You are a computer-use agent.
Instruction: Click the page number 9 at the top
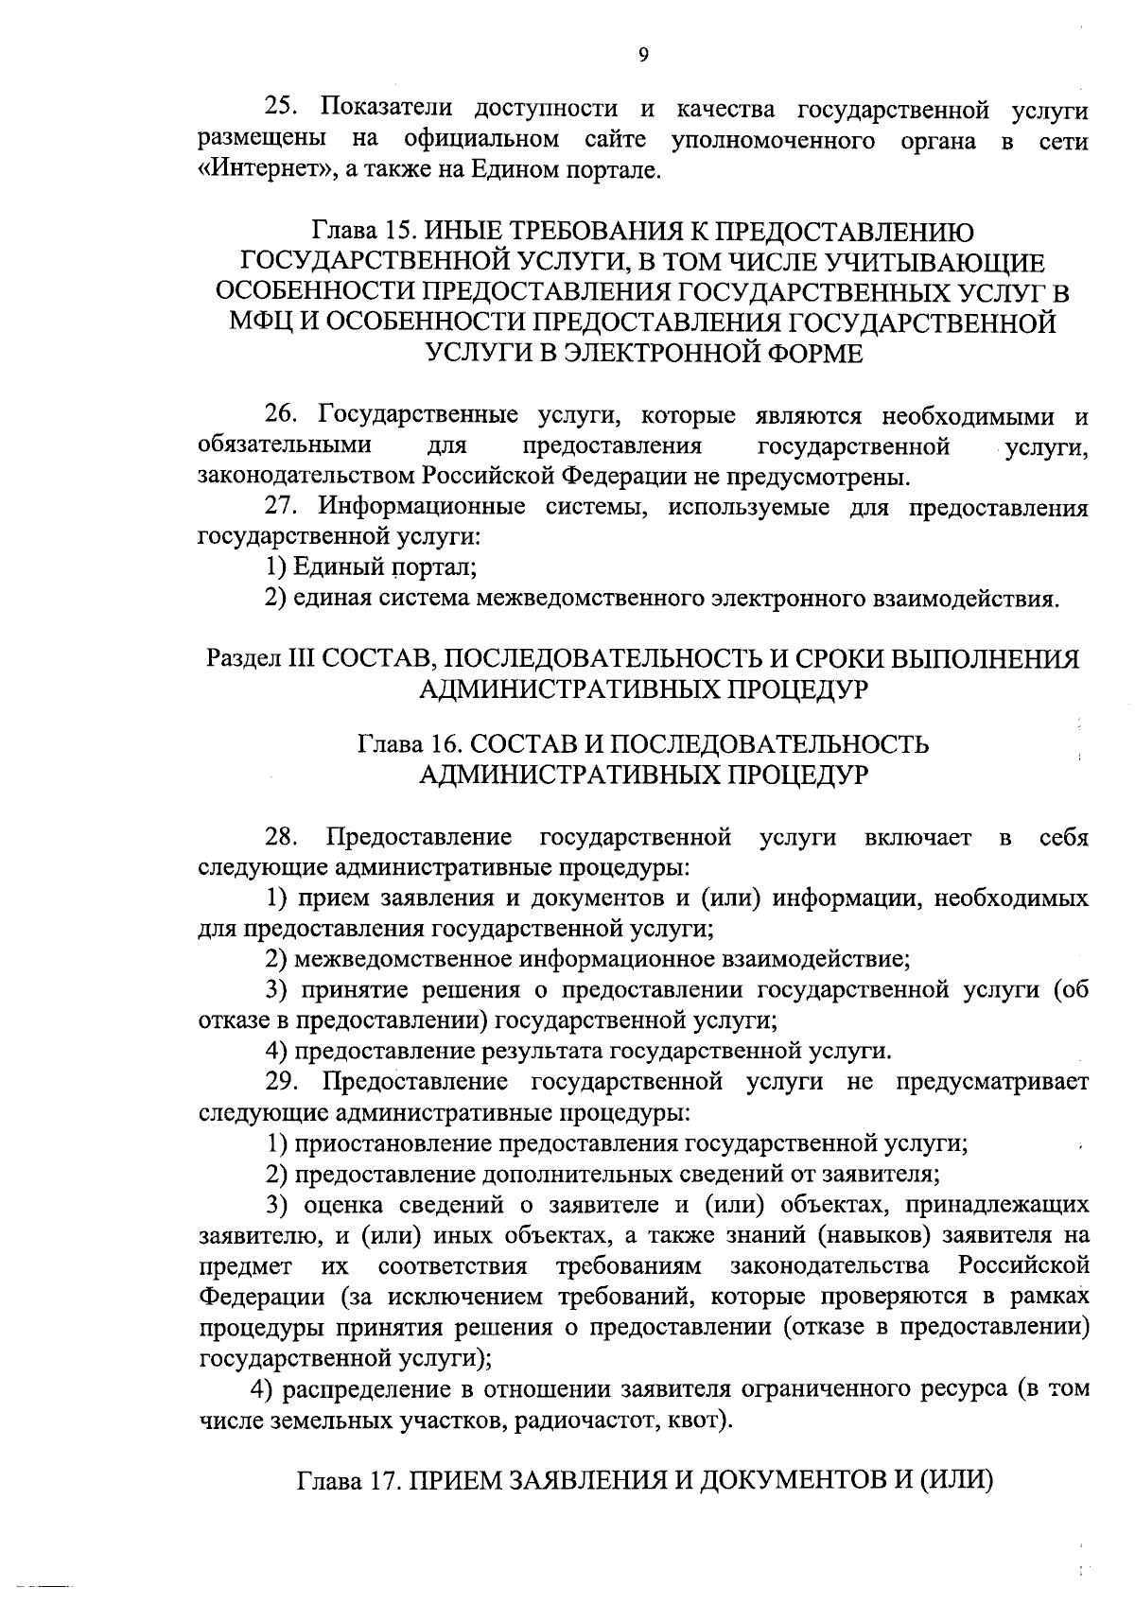642,56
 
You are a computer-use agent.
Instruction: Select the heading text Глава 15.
363,231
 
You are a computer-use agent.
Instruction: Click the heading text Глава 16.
409,744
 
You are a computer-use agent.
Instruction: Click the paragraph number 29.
282,1081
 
